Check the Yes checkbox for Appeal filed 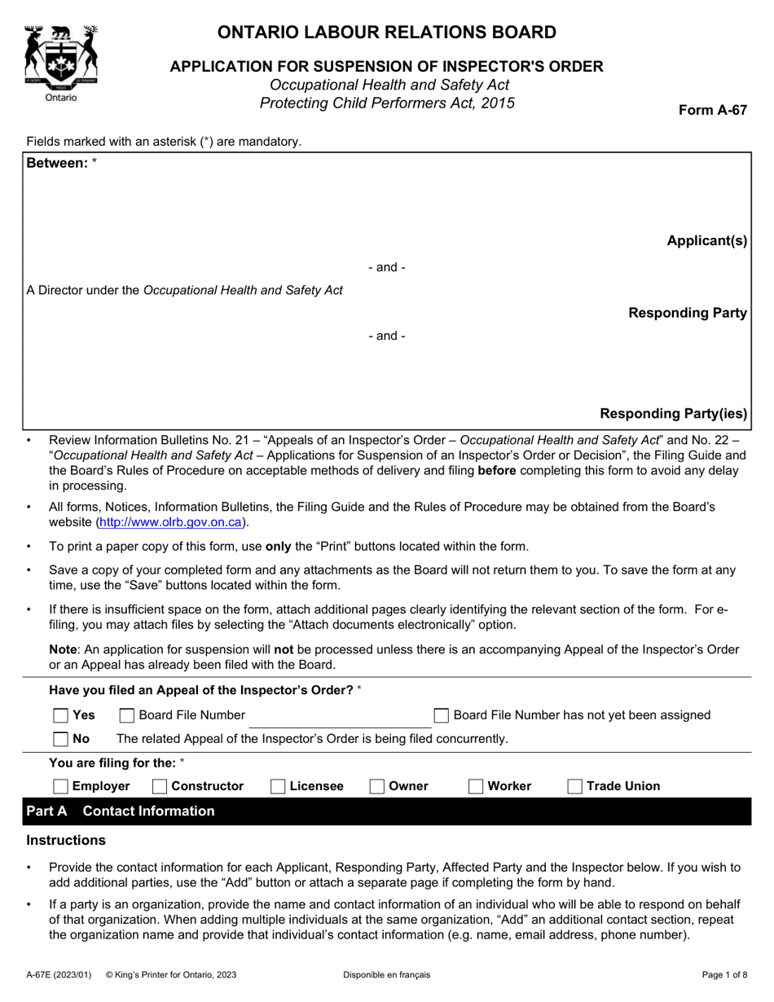click(x=60, y=715)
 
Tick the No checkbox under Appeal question click(x=60, y=739)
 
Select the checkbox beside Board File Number click(x=127, y=715)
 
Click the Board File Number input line click(x=339, y=717)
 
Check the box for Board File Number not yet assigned click(x=441, y=715)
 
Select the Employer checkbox click(x=60, y=786)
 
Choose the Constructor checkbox click(x=160, y=786)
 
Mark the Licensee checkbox click(x=278, y=786)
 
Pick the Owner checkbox click(x=377, y=786)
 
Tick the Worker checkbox click(x=476, y=786)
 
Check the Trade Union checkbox click(x=575, y=786)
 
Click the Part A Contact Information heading click(x=121, y=811)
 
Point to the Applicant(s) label click(x=706, y=240)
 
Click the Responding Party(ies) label click(x=673, y=413)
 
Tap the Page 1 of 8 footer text click(x=724, y=974)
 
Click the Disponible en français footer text click(x=387, y=974)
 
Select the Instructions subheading click(x=66, y=840)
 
